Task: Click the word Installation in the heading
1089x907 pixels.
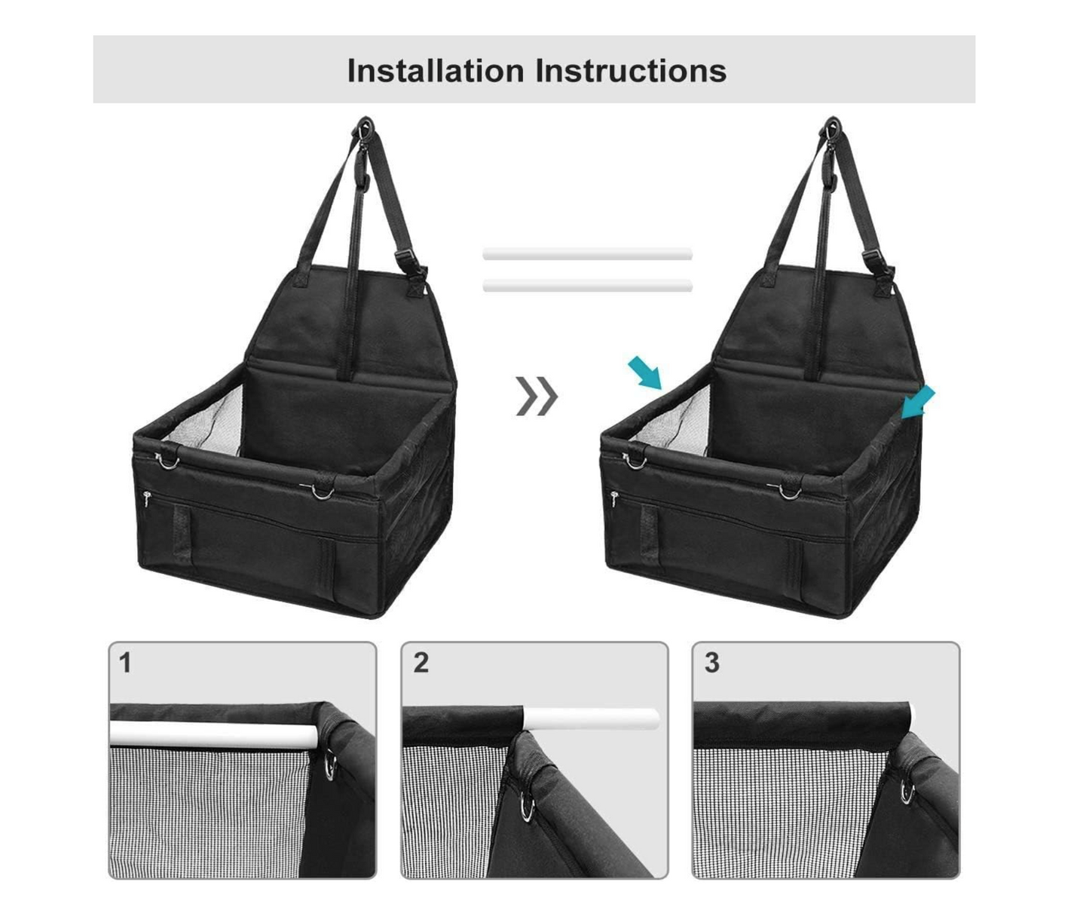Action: [x=436, y=70]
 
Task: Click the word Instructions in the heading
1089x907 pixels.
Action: [x=631, y=70]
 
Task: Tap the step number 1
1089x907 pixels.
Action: [x=124, y=663]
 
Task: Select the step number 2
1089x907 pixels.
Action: [x=421, y=663]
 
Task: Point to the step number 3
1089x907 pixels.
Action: [x=712, y=663]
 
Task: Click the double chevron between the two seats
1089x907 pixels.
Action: [x=537, y=396]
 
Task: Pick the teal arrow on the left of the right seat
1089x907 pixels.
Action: [x=645, y=372]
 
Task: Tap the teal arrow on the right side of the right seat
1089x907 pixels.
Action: [x=918, y=403]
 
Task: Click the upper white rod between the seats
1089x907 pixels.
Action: [x=587, y=254]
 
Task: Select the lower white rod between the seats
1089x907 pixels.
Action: [x=587, y=286]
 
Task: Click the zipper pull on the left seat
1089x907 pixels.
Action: [x=146, y=498]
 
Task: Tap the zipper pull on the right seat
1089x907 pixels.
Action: [x=614, y=498]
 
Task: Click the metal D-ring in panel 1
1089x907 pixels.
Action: [x=330, y=765]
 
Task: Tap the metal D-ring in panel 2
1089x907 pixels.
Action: [x=528, y=807]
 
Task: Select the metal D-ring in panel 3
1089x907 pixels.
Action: [x=908, y=792]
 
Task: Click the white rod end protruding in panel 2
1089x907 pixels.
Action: [x=591, y=718]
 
